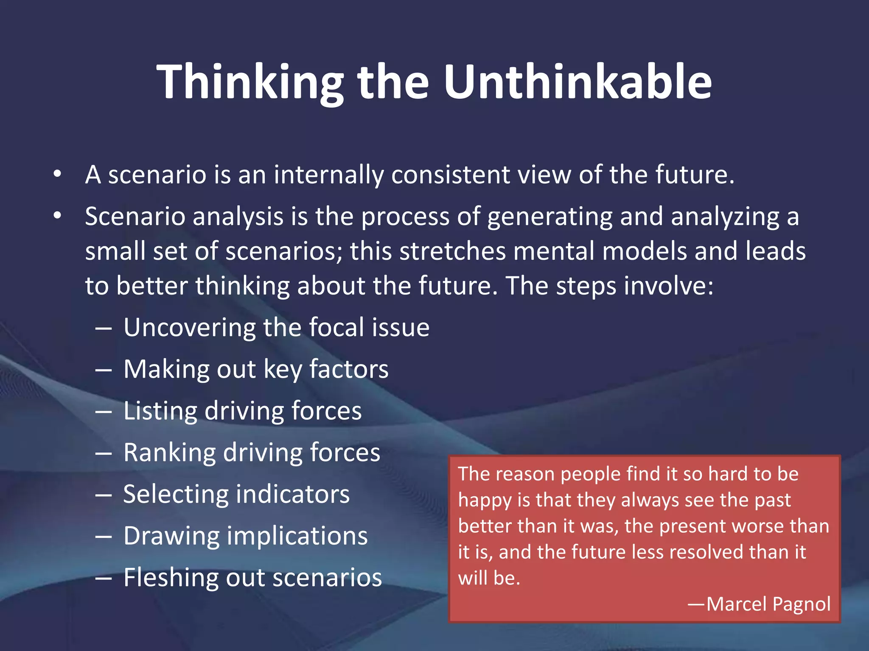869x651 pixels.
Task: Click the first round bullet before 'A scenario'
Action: [x=58, y=174]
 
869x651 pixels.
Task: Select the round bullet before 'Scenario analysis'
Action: [x=58, y=216]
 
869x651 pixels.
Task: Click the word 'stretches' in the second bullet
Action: [x=452, y=251]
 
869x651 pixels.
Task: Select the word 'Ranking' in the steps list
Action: [x=169, y=453]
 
